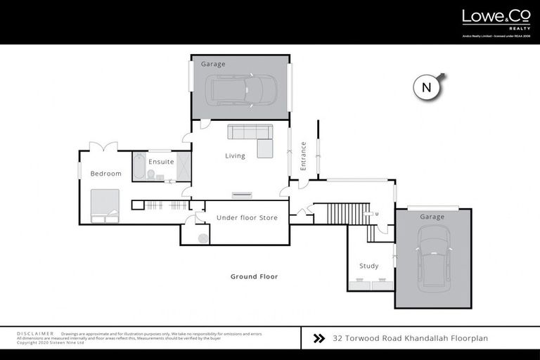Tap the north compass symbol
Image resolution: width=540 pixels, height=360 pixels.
point(426,88)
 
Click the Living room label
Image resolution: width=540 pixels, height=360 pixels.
point(235,156)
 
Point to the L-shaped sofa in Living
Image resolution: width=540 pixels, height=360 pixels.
point(252,137)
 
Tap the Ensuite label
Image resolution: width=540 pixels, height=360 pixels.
point(161,162)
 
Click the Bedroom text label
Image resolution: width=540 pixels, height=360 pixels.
point(105,174)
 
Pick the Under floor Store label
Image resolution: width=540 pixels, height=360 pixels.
point(246,218)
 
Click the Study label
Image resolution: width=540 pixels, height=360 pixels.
point(368,266)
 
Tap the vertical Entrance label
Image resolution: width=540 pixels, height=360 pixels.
point(304,156)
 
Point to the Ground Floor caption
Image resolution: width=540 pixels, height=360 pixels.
point(254,276)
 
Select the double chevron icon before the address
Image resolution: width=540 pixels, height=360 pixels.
point(319,338)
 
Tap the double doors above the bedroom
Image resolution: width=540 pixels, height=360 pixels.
point(103,146)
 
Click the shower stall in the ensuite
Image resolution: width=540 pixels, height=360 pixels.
point(183,167)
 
